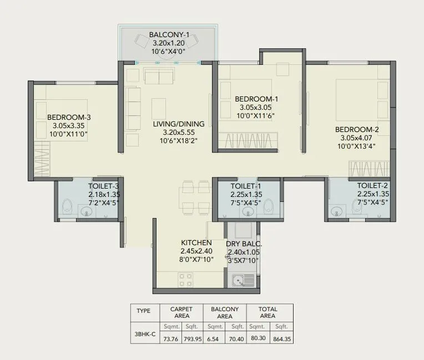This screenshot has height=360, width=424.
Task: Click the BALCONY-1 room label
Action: [169, 35]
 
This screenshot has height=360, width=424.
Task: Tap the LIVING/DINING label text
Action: [179, 124]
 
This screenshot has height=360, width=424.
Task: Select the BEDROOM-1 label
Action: [257, 99]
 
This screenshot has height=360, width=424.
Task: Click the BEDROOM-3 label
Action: [69, 117]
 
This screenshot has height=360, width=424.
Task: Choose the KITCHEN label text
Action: [196, 243]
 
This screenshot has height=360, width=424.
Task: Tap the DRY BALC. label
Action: [244, 244]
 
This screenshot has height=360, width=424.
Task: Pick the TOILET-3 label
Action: [104, 186]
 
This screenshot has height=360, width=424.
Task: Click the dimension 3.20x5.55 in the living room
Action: [179, 133]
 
